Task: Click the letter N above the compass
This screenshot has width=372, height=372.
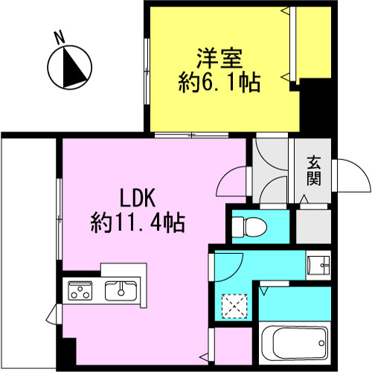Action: [60, 38]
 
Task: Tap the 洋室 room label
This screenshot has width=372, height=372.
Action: [219, 59]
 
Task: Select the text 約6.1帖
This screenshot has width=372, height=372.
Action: [219, 82]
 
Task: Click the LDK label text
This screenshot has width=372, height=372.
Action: [138, 198]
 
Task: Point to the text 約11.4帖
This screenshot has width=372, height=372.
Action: [138, 222]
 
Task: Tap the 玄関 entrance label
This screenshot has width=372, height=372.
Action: [314, 171]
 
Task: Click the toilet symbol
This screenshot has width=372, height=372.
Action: [250, 226]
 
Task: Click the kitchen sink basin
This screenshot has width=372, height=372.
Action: [121, 291]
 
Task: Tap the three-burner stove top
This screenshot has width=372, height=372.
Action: [80, 291]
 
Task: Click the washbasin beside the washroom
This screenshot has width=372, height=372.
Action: [318, 266]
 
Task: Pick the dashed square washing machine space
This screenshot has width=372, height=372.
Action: [234, 306]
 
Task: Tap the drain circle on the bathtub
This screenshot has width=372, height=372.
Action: [321, 343]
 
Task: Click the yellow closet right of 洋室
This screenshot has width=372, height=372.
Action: [314, 42]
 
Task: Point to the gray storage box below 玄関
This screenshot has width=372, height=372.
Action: [314, 226]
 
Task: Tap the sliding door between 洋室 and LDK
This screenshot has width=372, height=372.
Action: [191, 135]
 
